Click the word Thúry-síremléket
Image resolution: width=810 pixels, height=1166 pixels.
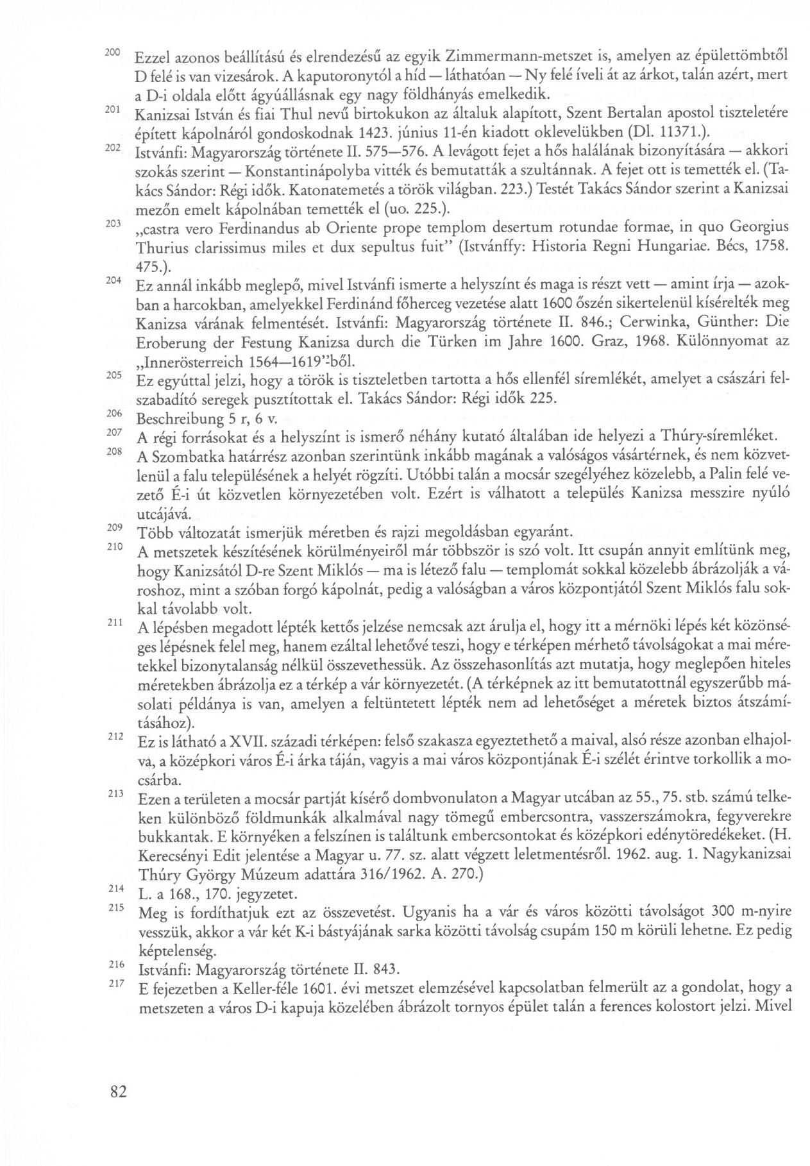718,437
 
